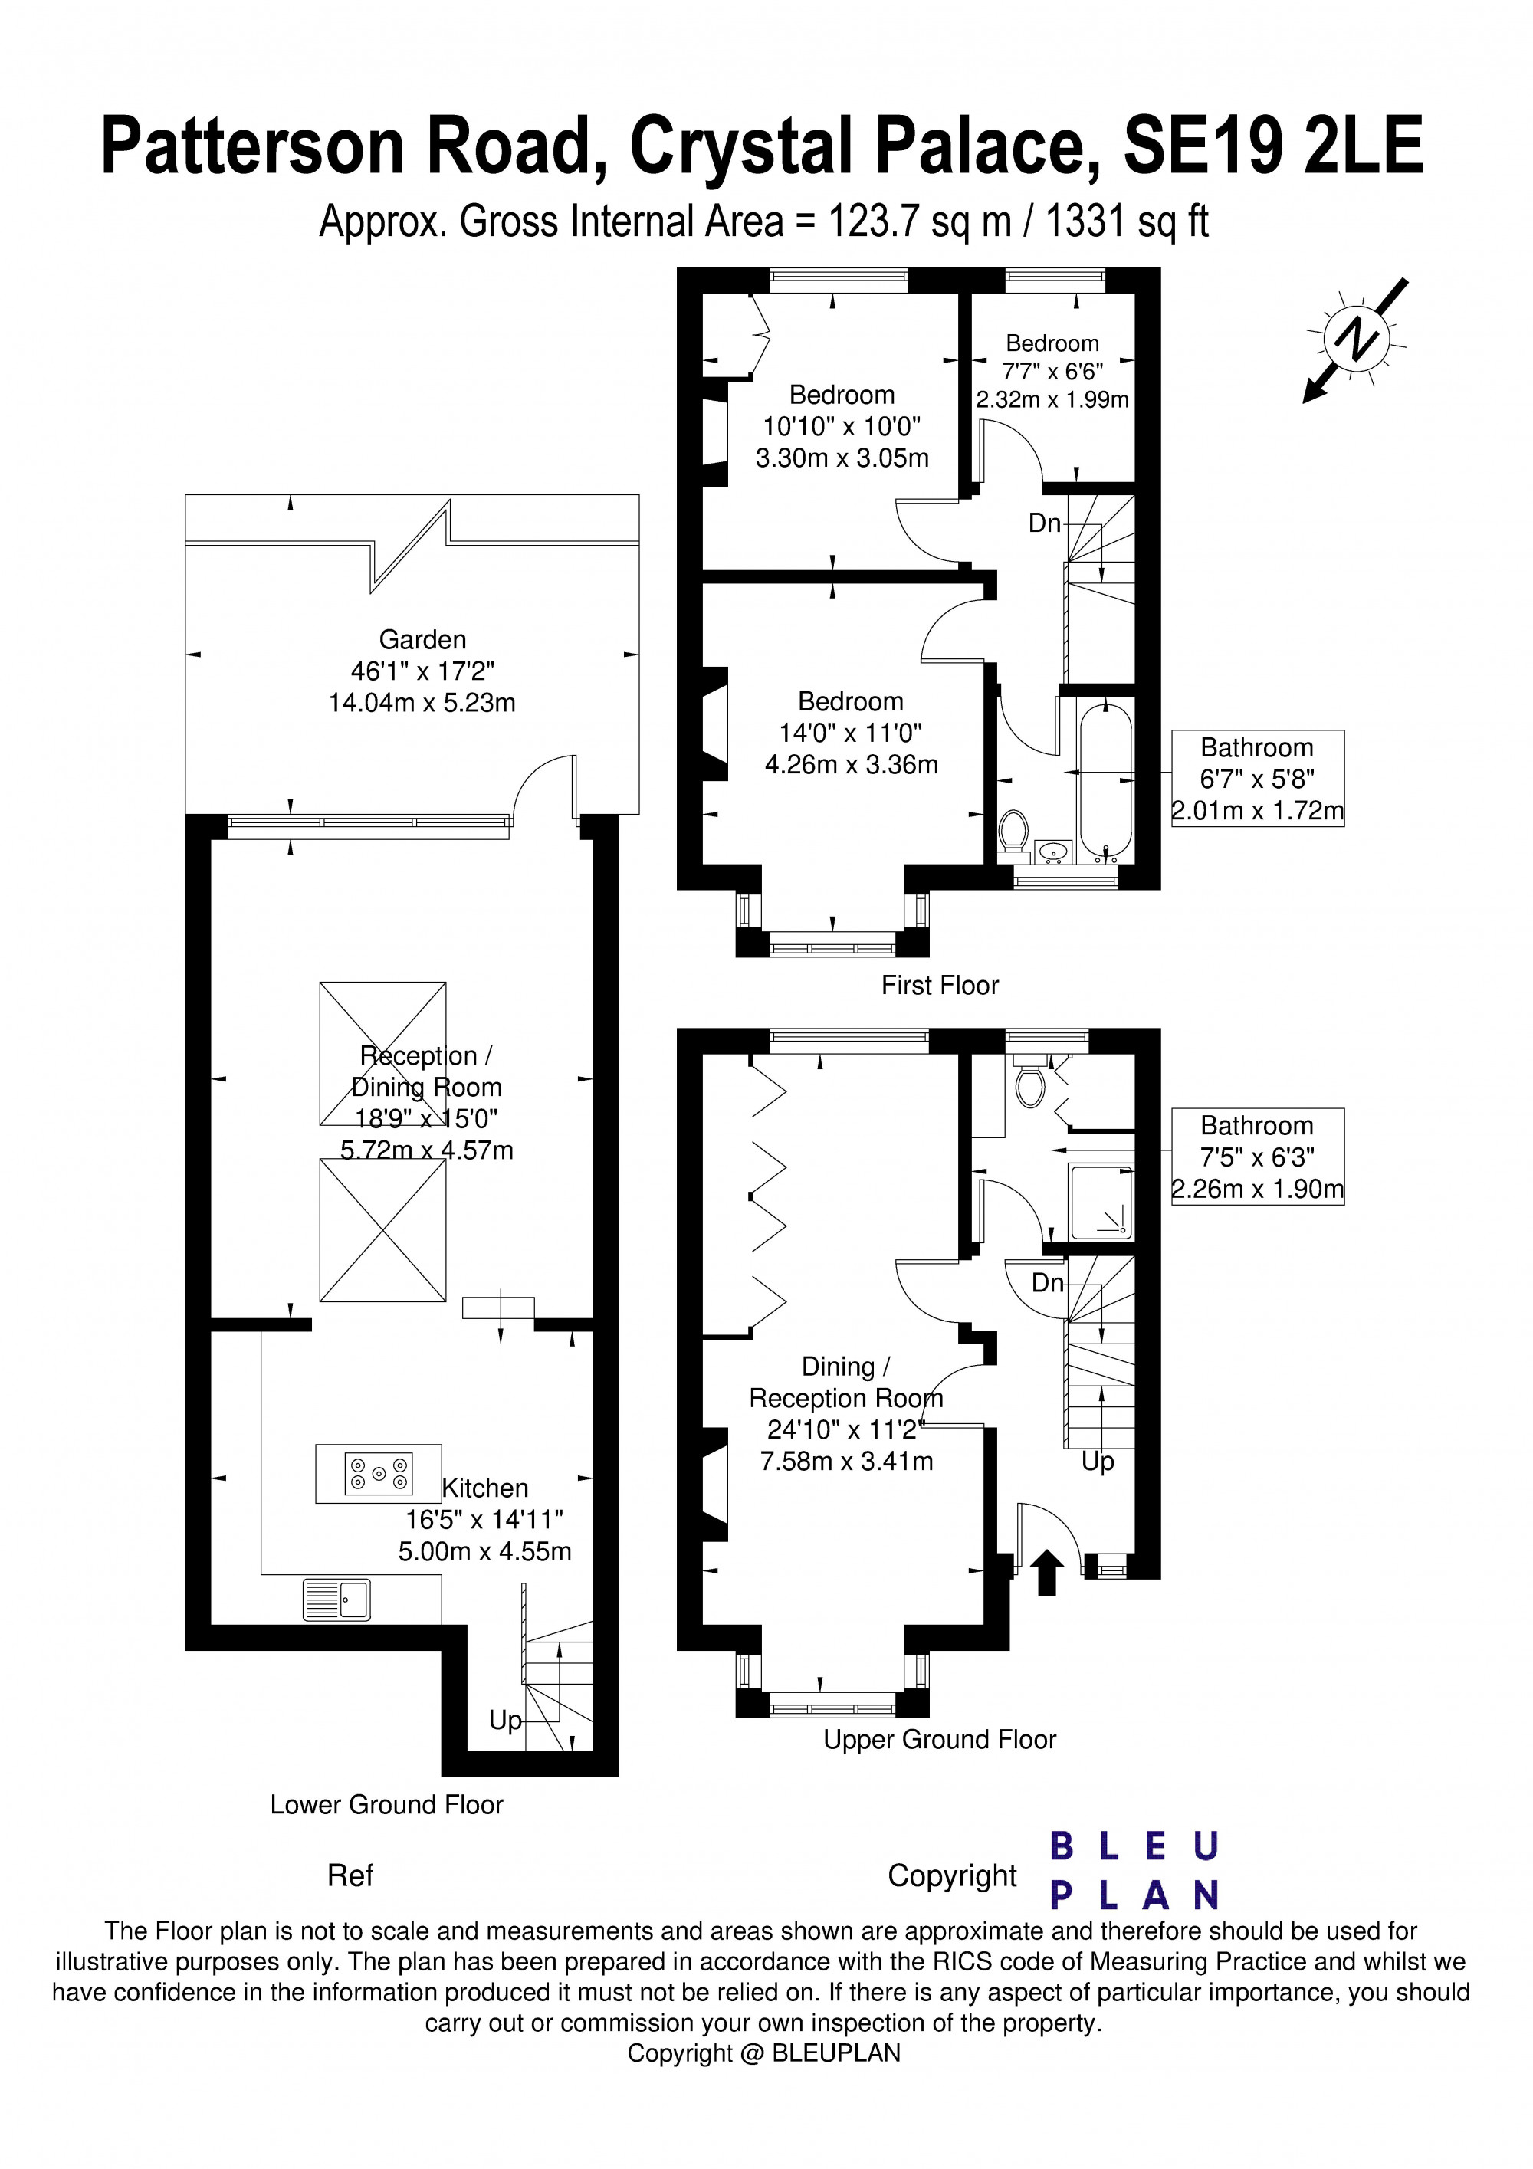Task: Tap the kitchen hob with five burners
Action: coord(379,1473)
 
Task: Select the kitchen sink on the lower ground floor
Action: coord(336,1600)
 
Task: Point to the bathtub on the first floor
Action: coord(1105,780)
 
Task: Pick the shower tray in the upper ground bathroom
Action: coord(1101,1201)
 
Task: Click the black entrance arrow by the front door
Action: coord(1046,1573)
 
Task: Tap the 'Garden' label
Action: coord(422,639)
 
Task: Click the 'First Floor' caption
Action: coord(940,986)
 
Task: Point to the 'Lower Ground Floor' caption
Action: coord(386,1804)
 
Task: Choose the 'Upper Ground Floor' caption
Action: coord(940,1739)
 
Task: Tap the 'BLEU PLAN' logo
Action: coord(1134,1872)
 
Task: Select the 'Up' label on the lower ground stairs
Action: coord(505,1721)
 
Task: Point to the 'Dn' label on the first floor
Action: coord(1045,523)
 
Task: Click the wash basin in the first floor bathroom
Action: coord(1052,852)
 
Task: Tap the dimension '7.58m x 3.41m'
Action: coord(846,1462)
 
